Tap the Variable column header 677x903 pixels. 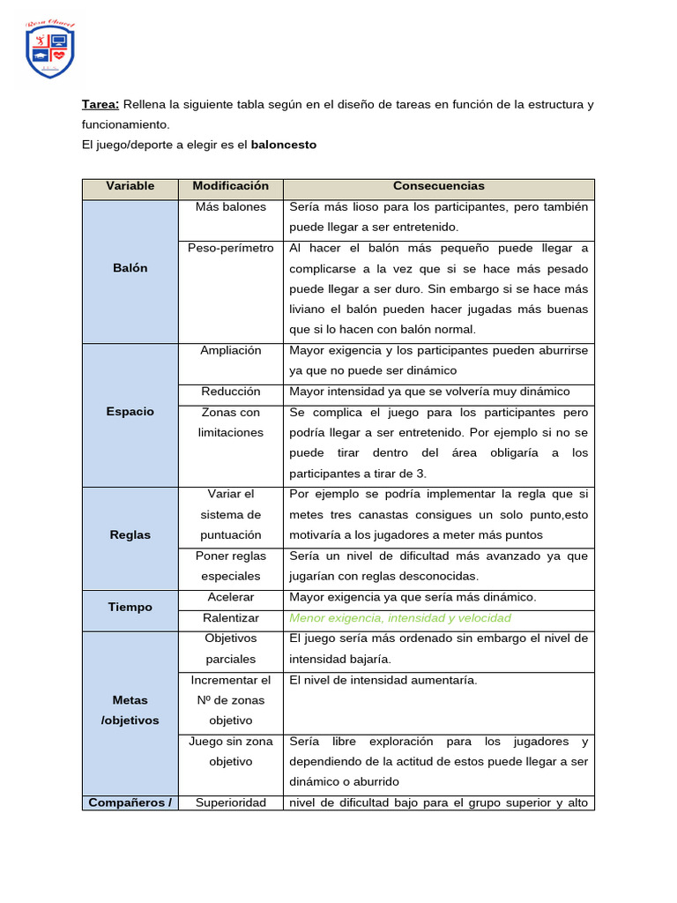tap(130, 186)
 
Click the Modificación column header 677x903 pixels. tap(230, 186)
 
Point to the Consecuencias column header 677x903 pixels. tap(438, 186)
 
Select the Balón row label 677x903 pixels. tap(130, 268)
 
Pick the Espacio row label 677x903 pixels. tap(130, 412)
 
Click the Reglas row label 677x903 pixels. tap(130, 535)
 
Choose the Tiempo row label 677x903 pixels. tap(130, 608)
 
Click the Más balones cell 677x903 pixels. tap(230, 207)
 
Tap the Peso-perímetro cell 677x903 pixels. tap(230, 248)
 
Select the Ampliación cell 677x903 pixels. tap(230, 350)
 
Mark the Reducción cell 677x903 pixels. tap(230, 392)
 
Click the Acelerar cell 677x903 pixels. tap(230, 597)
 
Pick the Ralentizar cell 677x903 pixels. tap(230, 618)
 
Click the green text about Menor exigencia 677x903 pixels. tap(399, 618)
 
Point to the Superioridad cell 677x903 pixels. tap(230, 802)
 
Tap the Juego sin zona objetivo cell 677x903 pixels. tap(230, 751)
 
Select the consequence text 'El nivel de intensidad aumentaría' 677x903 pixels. tap(383, 680)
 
